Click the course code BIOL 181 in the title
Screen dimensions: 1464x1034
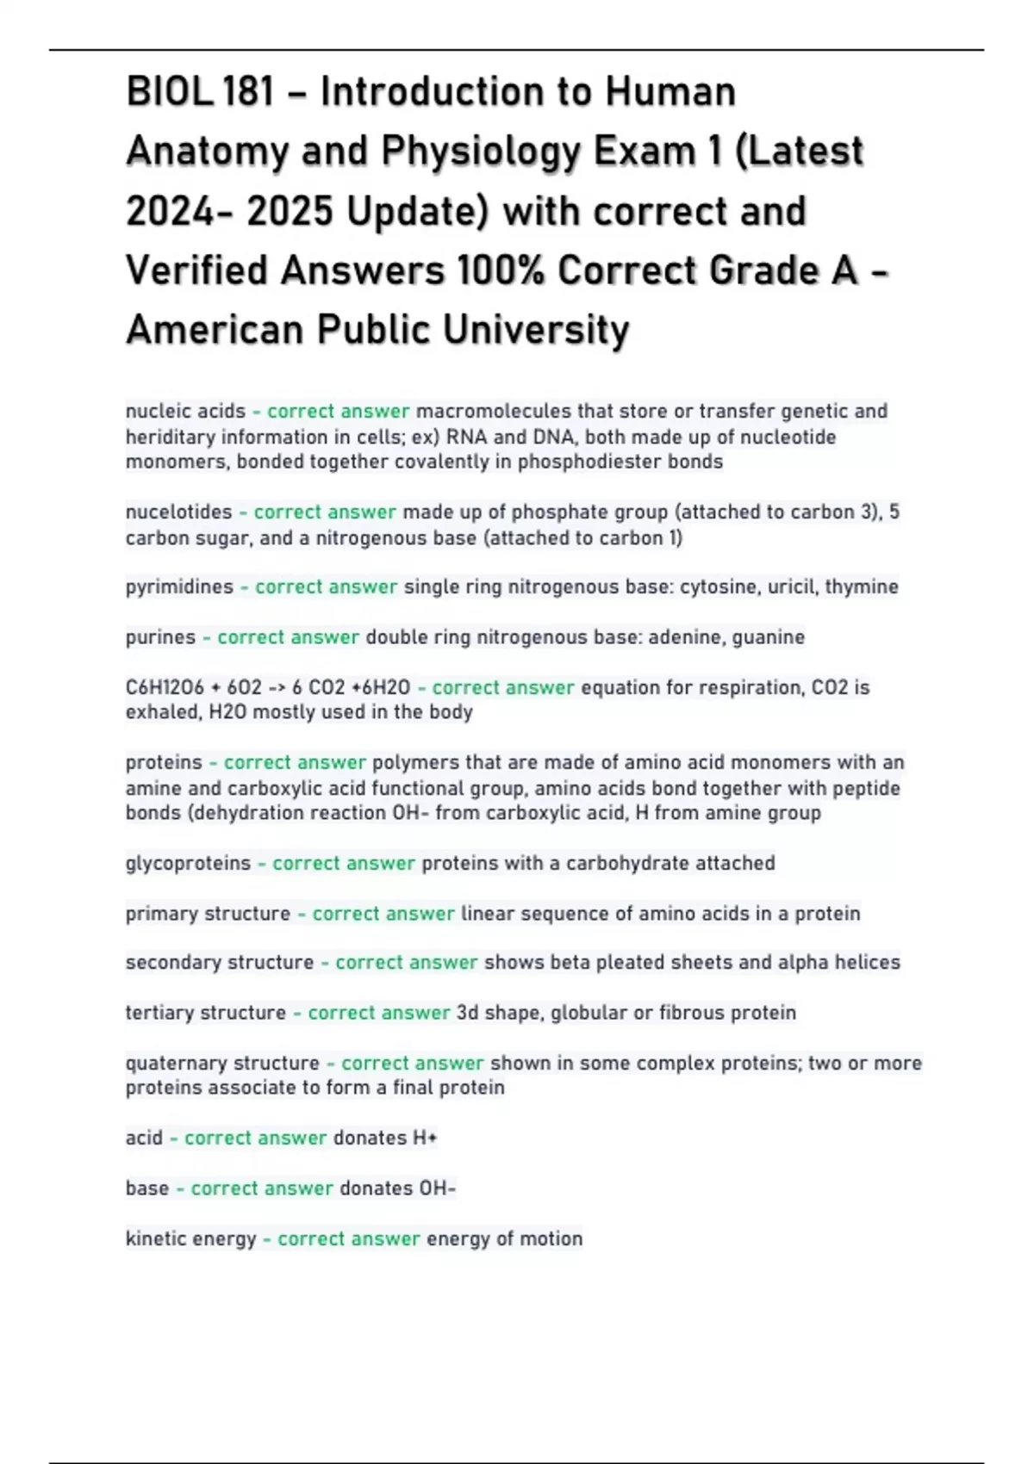pyautogui.click(x=200, y=92)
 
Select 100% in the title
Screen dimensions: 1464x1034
pyautogui.click(x=501, y=270)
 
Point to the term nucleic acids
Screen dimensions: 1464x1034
pyautogui.click(x=185, y=412)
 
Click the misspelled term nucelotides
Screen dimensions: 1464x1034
pyautogui.click(x=178, y=512)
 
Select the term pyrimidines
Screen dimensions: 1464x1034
pyautogui.click(x=179, y=587)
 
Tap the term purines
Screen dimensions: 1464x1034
pyautogui.click(x=160, y=637)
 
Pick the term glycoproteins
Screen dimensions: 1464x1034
pyautogui.click(x=188, y=863)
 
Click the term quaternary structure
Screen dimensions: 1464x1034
pyautogui.click(x=222, y=1063)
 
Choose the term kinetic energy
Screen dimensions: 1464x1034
pyautogui.click(x=190, y=1238)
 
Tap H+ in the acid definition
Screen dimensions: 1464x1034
pyautogui.click(x=425, y=1138)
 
